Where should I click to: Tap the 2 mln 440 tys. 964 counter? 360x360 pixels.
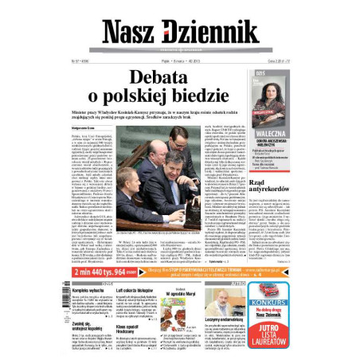tap(96, 271)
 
